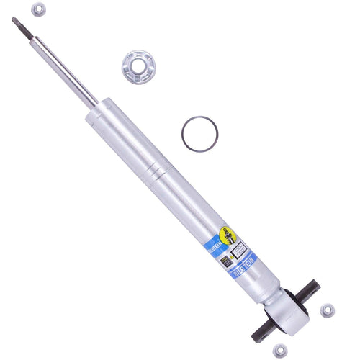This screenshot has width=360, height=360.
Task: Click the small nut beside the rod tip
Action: coord(39,10)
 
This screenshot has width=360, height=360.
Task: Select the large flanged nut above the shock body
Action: coord(138,66)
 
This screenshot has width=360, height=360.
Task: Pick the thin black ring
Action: coord(197,134)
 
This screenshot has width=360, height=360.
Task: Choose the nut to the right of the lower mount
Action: coord(327,310)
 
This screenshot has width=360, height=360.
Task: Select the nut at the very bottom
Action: coord(279,351)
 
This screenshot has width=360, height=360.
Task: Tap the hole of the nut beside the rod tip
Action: coord(39,10)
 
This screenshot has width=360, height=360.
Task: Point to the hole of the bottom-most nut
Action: coord(279,351)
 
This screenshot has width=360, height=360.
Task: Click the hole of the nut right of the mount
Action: coord(327,310)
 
